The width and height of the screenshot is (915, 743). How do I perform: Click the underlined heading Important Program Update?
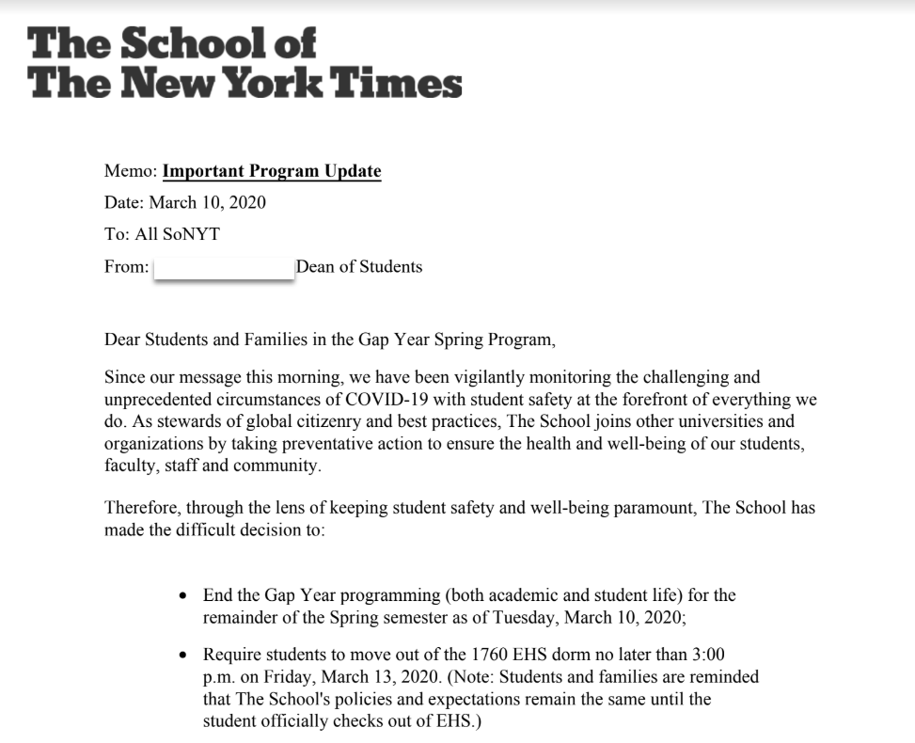tap(272, 171)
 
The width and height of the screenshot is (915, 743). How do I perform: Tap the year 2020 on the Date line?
tap(246, 202)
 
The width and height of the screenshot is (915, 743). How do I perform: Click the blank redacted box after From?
tap(223, 267)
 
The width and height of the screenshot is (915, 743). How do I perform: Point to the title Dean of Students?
tap(359, 266)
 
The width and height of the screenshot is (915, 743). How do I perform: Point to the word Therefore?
tap(141, 508)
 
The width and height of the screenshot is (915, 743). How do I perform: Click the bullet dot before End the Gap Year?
tap(183, 596)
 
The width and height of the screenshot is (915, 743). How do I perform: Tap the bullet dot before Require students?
tap(183, 655)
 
